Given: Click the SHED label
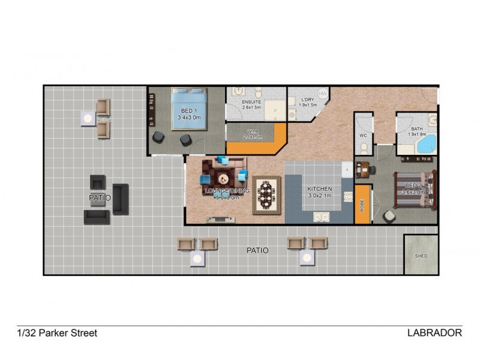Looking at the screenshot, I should click(x=421, y=256).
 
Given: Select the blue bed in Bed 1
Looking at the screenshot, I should click(x=190, y=109).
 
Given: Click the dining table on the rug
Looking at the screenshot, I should click(x=267, y=195).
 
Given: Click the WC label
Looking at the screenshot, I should click(x=363, y=136).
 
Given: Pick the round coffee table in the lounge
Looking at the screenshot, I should click(x=223, y=178).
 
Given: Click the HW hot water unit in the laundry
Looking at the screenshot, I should click(x=323, y=93).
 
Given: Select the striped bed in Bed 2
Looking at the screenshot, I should click(x=414, y=191).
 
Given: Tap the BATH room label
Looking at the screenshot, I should click(x=416, y=130).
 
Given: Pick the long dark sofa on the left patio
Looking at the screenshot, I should click(x=121, y=199).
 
